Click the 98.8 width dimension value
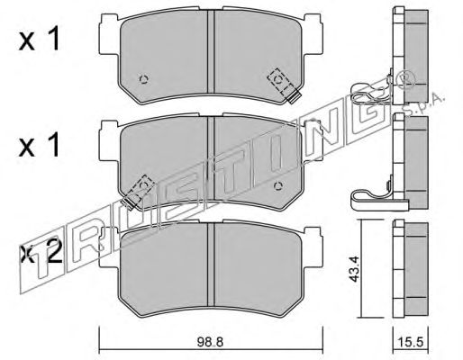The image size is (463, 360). [210, 342]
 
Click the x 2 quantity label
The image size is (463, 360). [41, 255]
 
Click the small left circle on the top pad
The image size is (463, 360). [144, 79]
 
